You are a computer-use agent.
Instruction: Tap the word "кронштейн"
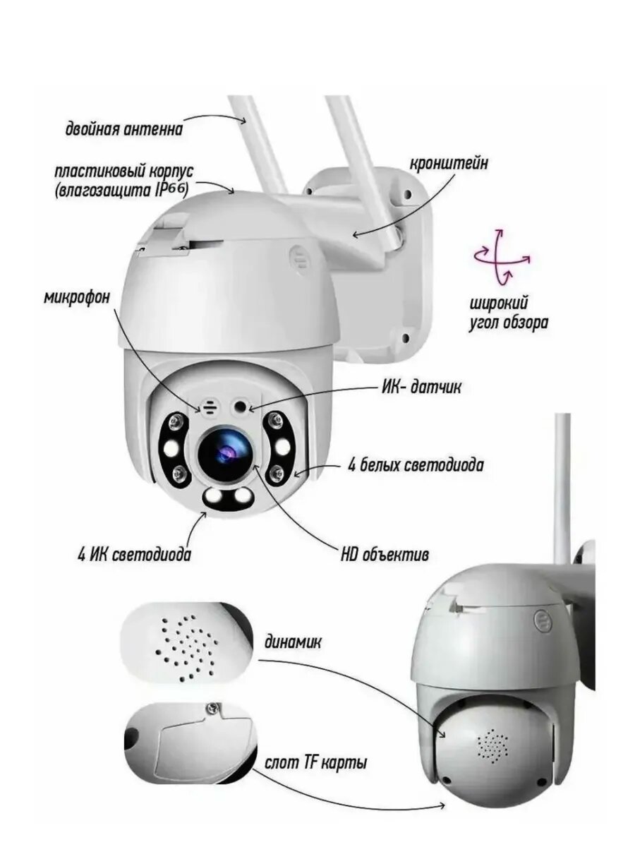(449, 164)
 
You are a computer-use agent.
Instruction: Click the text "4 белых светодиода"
(416, 465)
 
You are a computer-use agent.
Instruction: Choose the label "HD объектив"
(385, 555)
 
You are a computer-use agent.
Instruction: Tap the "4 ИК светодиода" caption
(134, 555)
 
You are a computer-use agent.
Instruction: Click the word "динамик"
(293, 643)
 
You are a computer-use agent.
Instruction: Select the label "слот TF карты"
(316, 763)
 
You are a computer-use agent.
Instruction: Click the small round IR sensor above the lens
(241, 407)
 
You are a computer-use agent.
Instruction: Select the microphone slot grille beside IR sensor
(210, 408)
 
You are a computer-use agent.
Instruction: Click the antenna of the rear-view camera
(562, 487)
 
